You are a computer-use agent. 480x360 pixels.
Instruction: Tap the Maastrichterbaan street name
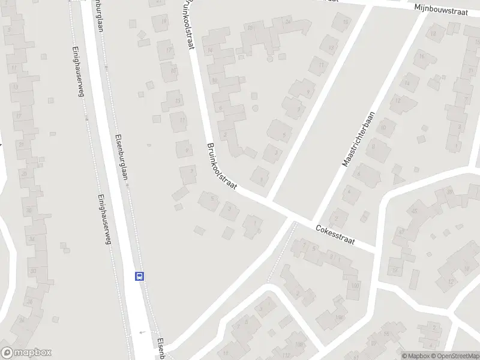[359, 139]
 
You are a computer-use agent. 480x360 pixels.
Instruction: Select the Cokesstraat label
[335, 235]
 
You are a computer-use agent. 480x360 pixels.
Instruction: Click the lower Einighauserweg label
[104, 218]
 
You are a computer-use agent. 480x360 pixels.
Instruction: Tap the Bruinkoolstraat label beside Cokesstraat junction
[221, 167]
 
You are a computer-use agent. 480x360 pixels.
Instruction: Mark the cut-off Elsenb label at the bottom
[161, 349]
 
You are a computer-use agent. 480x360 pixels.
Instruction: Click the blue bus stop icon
[139, 277]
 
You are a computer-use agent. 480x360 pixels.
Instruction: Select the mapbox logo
[26, 353]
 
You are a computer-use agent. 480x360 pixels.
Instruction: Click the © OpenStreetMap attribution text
[454, 356]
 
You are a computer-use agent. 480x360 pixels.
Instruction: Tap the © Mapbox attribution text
[415, 356]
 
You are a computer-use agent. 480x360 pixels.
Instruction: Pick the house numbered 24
[288, 22]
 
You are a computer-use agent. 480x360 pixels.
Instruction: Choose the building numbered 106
[340, 317]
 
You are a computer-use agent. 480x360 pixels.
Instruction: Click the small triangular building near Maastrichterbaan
[395, 178]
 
